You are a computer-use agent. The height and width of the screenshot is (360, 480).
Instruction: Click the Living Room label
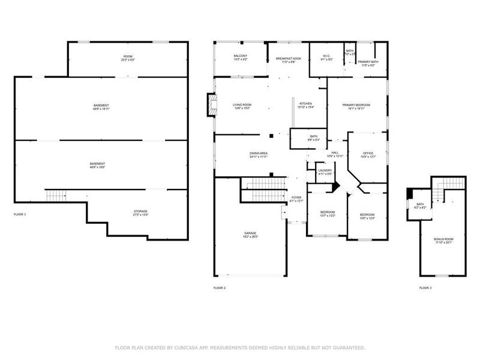(x=242, y=105)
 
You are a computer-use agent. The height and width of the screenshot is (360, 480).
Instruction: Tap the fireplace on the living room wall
(x=209, y=105)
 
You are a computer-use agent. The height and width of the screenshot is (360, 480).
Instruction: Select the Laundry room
(x=325, y=171)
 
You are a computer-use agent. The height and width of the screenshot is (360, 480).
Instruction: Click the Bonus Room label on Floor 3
(x=444, y=239)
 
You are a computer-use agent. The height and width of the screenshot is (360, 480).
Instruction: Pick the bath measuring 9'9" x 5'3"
(x=314, y=137)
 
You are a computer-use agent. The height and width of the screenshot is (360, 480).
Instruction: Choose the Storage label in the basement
(x=140, y=211)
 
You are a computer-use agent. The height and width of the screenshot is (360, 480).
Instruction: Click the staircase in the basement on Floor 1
(x=55, y=196)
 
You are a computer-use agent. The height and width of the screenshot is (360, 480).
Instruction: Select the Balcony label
(x=241, y=56)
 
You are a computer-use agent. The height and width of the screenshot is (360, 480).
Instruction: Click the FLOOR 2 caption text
(x=220, y=288)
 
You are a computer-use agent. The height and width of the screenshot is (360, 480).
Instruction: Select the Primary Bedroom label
(x=356, y=105)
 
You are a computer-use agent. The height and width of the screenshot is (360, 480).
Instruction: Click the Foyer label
(x=296, y=197)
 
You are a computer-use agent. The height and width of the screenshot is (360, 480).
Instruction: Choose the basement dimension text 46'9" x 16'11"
(x=101, y=109)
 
